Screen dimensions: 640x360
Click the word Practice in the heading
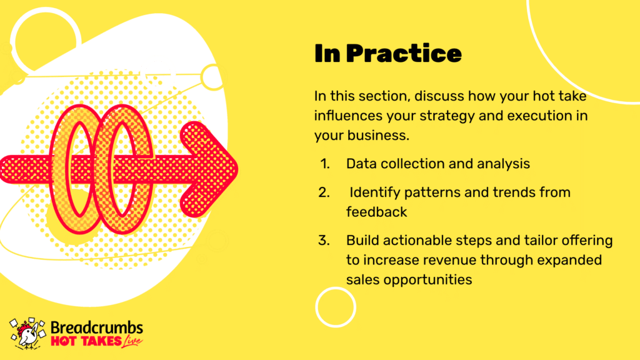point(404,54)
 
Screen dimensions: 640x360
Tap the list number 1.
point(325,164)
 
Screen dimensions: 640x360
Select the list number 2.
point(324,192)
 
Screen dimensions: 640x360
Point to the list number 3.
point(324,241)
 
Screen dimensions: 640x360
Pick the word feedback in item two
point(376,212)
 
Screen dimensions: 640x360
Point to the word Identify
point(375,192)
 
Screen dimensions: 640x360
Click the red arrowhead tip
point(238,169)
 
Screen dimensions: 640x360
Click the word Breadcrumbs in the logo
point(97,327)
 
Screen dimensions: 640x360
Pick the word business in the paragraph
point(378,136)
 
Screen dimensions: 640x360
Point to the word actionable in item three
point(417,241)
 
